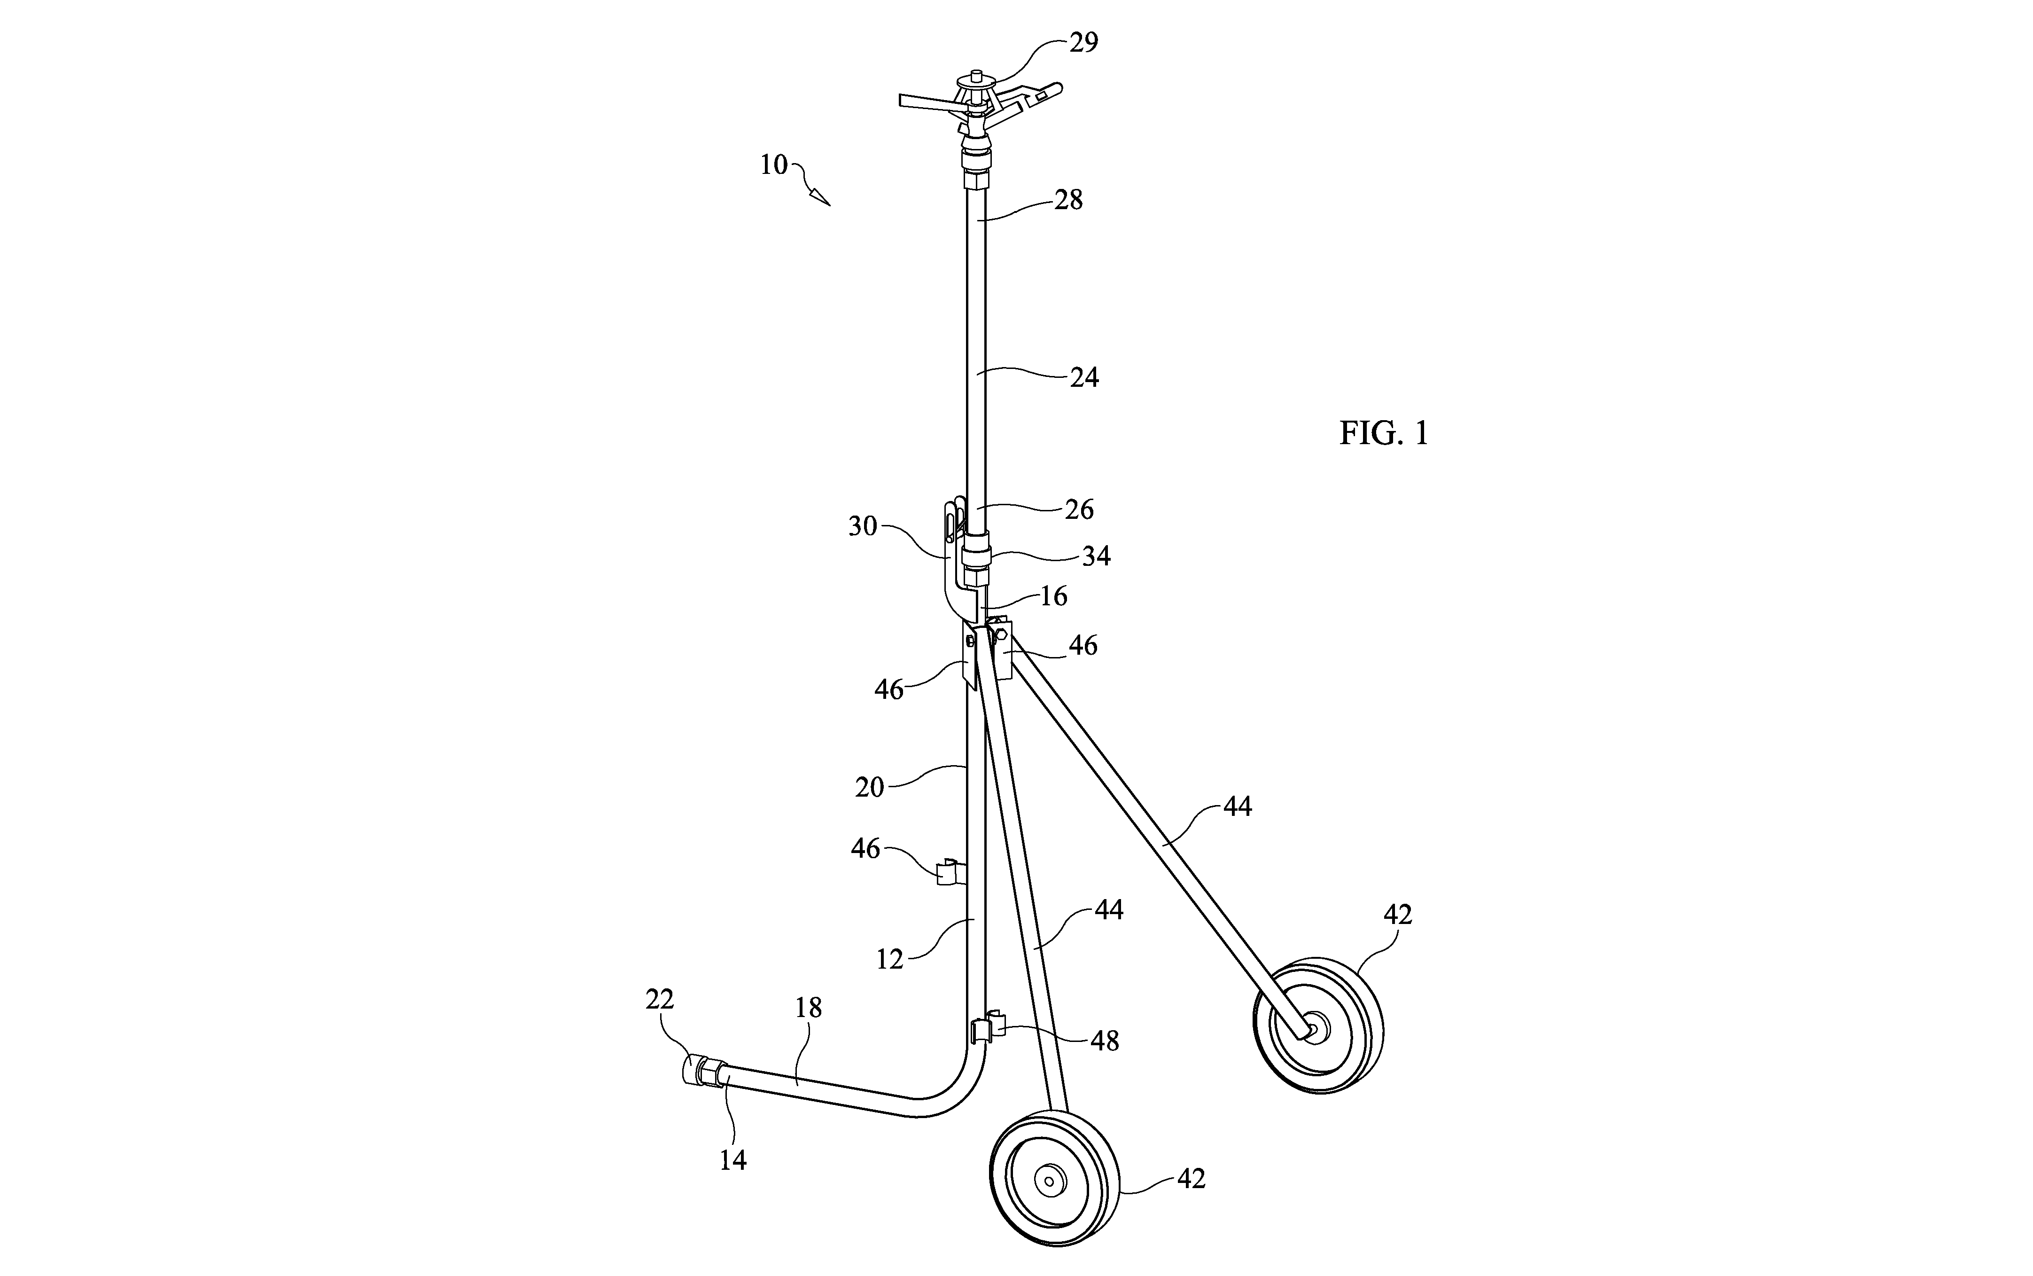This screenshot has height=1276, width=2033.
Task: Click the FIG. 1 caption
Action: point(1384,433)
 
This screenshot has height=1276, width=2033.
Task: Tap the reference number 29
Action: point(1084,42)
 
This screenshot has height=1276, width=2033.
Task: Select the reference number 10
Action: point(773,164)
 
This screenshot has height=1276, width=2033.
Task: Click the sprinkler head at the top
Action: point(979,114)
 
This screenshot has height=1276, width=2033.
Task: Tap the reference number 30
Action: point(863,526)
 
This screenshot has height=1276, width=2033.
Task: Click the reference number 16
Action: point(1053,597)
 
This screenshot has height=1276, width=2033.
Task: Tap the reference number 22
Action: point(660,999)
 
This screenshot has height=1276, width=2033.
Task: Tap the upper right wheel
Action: point(1318,1026)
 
